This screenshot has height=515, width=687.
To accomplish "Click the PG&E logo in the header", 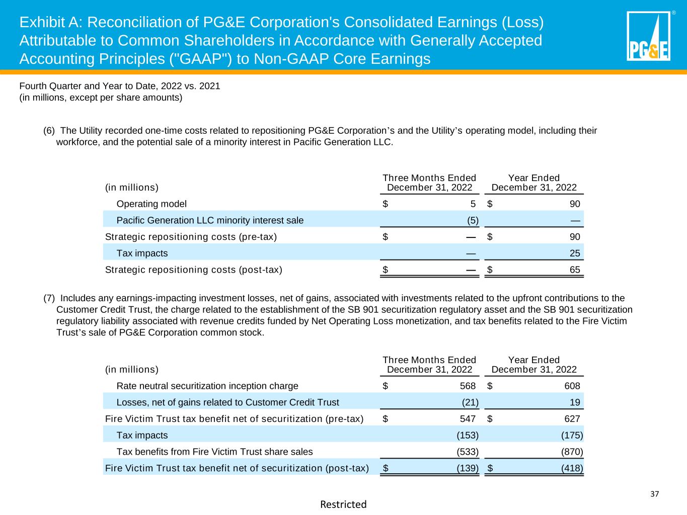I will [648, 36].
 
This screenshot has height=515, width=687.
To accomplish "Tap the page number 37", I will [654, 494].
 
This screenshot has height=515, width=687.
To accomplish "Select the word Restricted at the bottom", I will [343, 504].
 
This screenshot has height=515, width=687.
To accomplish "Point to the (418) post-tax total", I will [572, 468].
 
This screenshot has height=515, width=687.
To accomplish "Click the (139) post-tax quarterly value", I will [467, 468].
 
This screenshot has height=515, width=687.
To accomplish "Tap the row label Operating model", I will [151, 204].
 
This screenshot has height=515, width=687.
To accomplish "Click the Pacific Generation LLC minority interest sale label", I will [210, 220].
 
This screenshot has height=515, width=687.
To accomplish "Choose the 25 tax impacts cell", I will [575, 253].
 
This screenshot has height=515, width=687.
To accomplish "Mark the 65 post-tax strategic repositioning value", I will [575, 270].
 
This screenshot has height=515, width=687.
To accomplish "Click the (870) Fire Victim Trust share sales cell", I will [572, 452].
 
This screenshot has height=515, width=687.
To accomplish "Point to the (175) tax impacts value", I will [572, 435].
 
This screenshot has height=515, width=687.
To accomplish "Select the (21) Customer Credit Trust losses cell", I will [470, 402].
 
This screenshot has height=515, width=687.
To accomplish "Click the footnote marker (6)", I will [49, 131].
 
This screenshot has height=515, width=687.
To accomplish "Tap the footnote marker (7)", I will [49, 297].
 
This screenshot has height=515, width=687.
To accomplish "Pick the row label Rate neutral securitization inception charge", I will [207, 386].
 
